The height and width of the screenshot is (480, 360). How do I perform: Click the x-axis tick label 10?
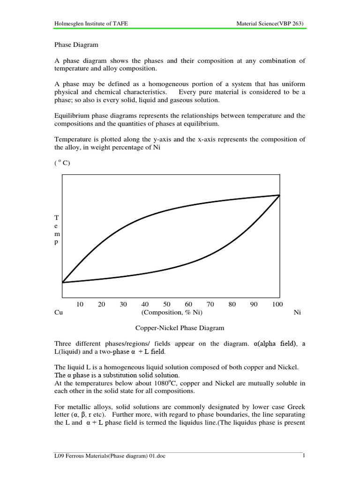80,304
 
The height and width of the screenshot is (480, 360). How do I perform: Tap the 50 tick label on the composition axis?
167,304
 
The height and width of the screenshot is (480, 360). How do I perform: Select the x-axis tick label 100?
277,304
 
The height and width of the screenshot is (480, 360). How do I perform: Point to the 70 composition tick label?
210,304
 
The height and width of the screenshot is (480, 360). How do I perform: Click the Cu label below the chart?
59,313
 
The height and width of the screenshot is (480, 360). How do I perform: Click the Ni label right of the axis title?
297,313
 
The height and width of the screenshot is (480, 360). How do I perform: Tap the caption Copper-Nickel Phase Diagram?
172,328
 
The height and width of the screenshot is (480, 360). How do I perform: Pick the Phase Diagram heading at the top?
75,45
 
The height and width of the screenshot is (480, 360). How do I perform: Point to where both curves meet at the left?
62,283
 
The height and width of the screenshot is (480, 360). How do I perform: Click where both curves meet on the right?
280,195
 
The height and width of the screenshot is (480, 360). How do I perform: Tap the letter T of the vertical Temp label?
57,218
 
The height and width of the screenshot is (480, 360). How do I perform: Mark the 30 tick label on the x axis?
123,304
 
